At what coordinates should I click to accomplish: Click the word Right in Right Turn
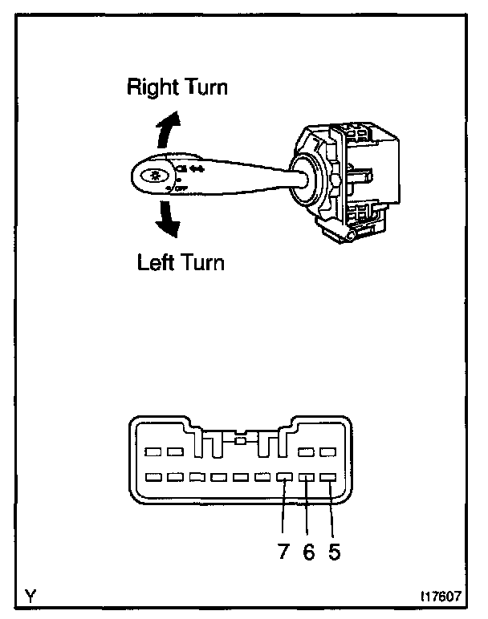[152, 87]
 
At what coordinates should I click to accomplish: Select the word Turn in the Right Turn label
[203, 87]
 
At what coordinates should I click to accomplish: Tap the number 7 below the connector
[283, 553]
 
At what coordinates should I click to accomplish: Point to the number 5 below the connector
[332, 553]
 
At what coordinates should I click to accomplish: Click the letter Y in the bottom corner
[30, 597]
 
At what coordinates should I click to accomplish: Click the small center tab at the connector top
[240, 440]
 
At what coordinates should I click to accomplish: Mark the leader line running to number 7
[284, 513]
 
